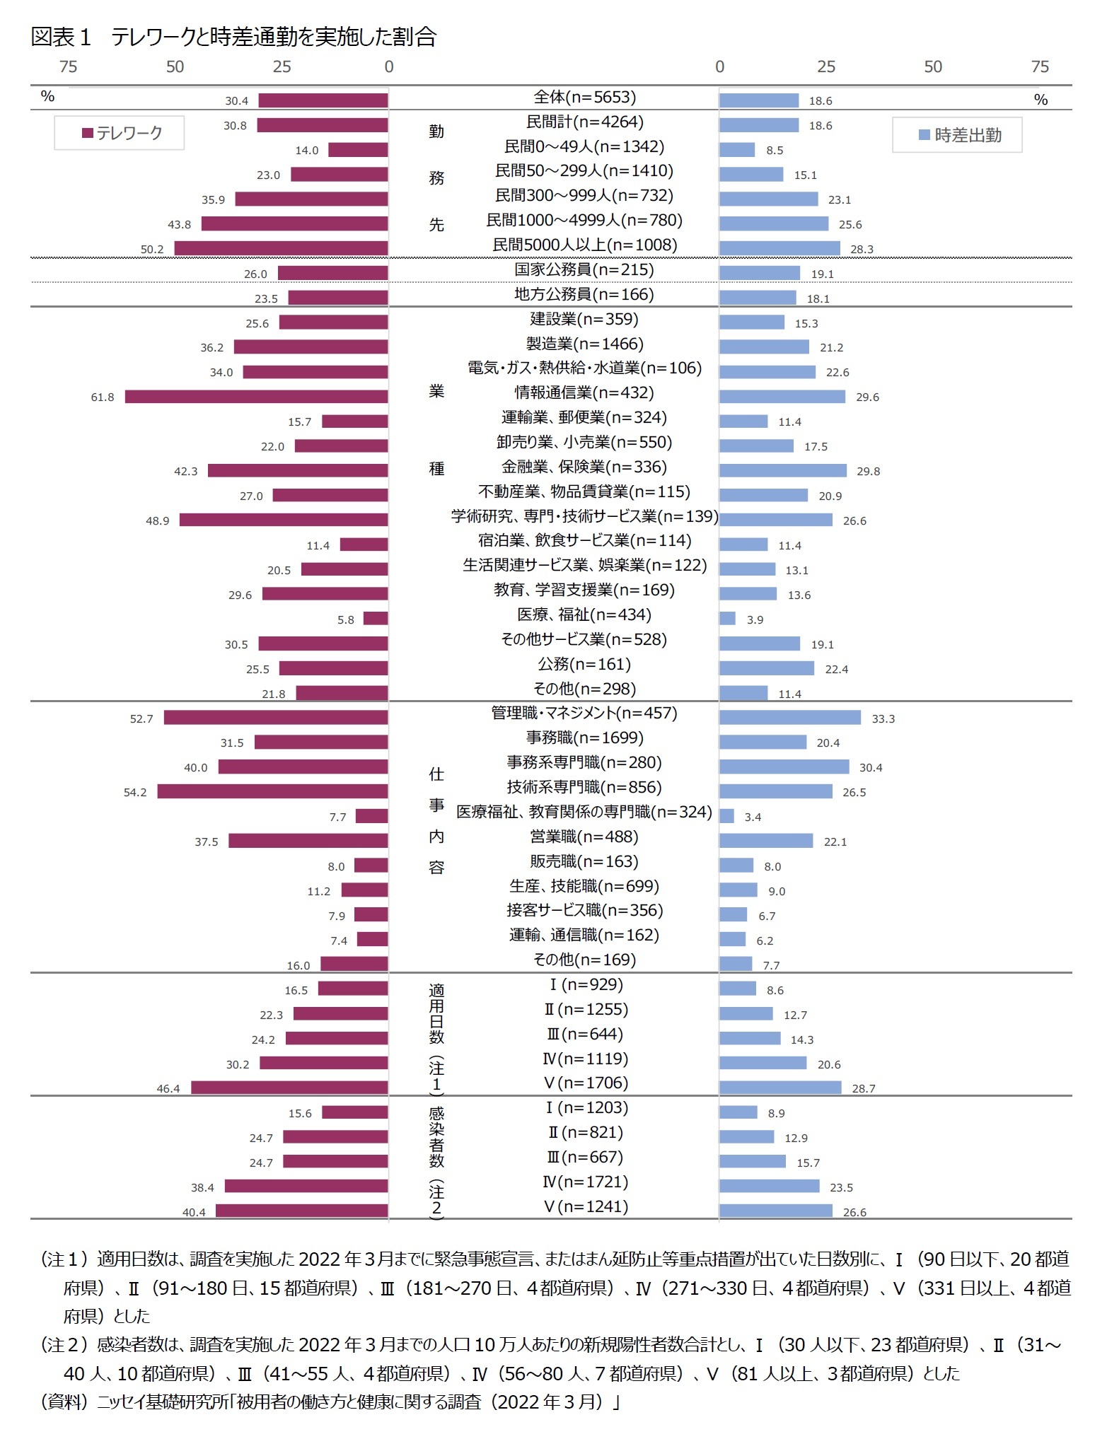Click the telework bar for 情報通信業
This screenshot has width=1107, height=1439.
pos(256,397)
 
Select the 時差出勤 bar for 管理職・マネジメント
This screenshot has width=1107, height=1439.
pos(789,718)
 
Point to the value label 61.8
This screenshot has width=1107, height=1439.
pos(103,397)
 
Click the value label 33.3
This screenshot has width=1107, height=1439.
pos(883,719)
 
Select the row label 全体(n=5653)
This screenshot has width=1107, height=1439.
pos(584,97)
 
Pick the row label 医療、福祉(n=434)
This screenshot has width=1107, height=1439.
pos(584,615)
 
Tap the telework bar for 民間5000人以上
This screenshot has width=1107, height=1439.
pos(281,248)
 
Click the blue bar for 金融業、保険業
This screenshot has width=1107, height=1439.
pos(782,471)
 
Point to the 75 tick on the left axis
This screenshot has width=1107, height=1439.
pos(69,67)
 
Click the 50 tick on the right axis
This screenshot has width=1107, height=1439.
pos(932,67)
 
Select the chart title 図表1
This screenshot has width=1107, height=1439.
pos(233,37)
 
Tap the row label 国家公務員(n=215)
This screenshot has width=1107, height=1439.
pos(584,269)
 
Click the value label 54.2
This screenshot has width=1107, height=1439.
pos(135,793)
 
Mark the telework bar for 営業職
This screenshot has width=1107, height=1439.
pos(308,841)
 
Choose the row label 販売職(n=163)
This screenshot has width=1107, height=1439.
pos(584,862)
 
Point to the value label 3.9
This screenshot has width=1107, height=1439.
pos(755,620)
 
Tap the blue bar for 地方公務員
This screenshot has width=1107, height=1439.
pos(758,298)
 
